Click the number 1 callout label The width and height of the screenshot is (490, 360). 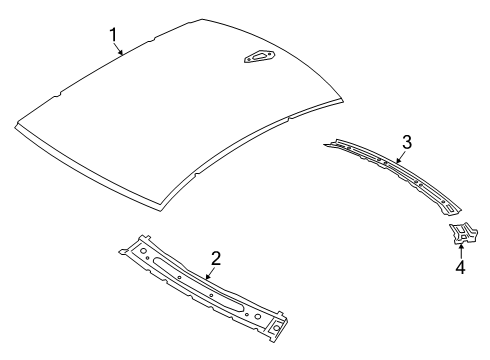click(114, 37)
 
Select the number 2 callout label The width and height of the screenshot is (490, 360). click(215, 258)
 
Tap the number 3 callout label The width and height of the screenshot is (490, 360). click(405, 141)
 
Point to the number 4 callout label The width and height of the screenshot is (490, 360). click(461, 268)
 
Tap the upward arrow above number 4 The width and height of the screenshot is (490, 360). click(461, 251)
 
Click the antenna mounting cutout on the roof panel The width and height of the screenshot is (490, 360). click(258, 59)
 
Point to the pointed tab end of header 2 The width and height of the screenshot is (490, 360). click(284, 325)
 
